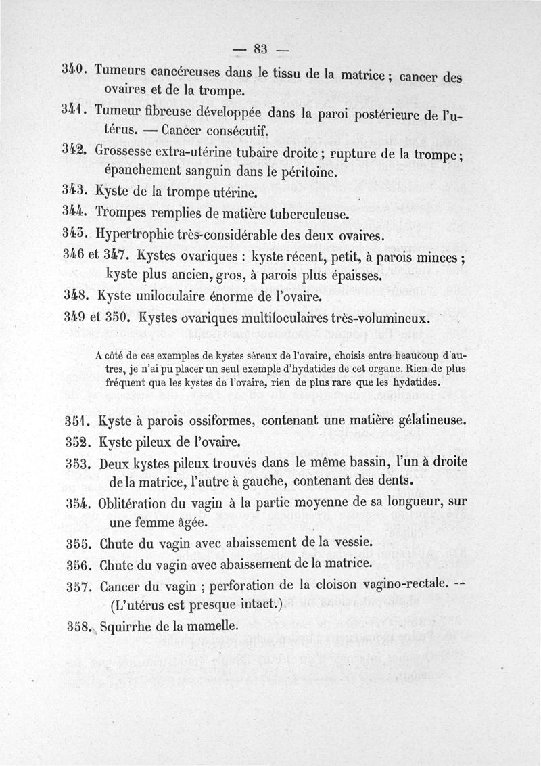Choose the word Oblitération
tap(139, 504)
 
